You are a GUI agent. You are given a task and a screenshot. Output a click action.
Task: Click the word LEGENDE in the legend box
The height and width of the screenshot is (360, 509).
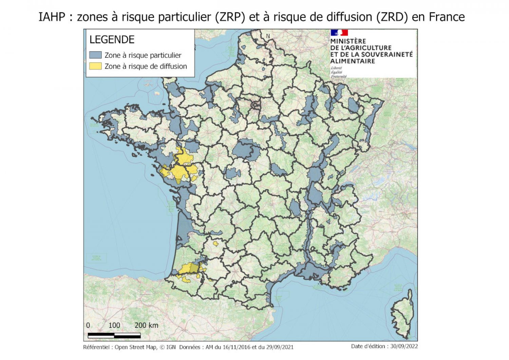click(x=112, y=40)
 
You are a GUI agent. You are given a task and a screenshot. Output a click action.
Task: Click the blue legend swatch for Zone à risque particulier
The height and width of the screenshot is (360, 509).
click(x=95, y=55)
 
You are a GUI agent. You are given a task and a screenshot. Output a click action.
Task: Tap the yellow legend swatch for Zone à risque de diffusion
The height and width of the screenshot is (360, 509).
click(x=95, y=66)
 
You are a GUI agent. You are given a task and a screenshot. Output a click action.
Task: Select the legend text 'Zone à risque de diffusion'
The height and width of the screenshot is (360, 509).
click(x=146, y=66)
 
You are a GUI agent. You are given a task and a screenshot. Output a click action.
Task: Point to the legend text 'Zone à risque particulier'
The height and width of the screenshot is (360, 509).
click(x=143, y=55)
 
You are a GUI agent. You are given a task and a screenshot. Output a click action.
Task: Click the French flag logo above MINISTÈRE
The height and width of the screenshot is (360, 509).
click(x=339, y=33)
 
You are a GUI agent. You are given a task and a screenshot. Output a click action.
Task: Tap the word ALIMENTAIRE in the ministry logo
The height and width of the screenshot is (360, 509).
click(x=353, y=61)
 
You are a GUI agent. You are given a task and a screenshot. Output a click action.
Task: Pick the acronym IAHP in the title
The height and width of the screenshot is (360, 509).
click(x=52, y=17)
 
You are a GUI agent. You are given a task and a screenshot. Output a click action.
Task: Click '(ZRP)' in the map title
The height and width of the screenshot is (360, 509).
click(x=230, y=17)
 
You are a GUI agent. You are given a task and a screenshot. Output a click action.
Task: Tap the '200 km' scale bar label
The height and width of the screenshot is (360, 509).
click(x=146, y=325)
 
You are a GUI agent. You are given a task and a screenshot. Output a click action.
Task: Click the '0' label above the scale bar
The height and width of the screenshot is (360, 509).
click(x=88, y=325)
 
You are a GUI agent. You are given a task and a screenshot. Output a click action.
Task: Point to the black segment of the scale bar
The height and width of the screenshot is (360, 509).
click(x=101, y=336)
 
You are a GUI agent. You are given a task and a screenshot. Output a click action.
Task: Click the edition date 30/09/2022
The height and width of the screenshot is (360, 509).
click(x=404, y=346)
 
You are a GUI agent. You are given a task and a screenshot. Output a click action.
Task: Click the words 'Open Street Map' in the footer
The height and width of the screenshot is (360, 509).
click(x=136, y=347)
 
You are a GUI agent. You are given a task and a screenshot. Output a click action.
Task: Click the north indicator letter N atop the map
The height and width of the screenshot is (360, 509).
click(x=268, y=36)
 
